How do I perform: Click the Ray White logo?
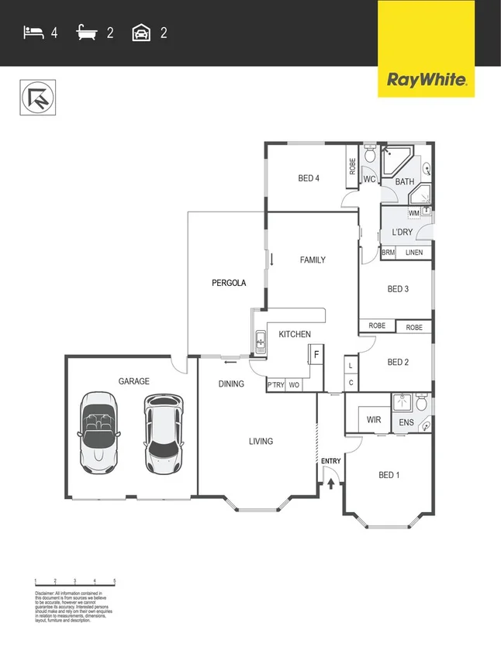click(426, 79)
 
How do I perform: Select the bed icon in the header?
click(33, 33)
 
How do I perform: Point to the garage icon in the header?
click(141, 33)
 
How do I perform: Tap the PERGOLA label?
click(229, 283)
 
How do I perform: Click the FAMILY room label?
click(313, 260)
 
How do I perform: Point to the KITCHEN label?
click(295, 335)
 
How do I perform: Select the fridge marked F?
click(316, 356)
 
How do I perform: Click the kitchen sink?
click(261, 341)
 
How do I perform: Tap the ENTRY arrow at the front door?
click(331, 484)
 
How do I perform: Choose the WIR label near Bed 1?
click(374, 420)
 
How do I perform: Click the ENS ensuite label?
click(406, 422)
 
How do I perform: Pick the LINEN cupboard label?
click(414, 253)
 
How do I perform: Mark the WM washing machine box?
click(414, 213)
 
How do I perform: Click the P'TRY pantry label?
click(275, 385)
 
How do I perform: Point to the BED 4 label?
click(309, 179)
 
